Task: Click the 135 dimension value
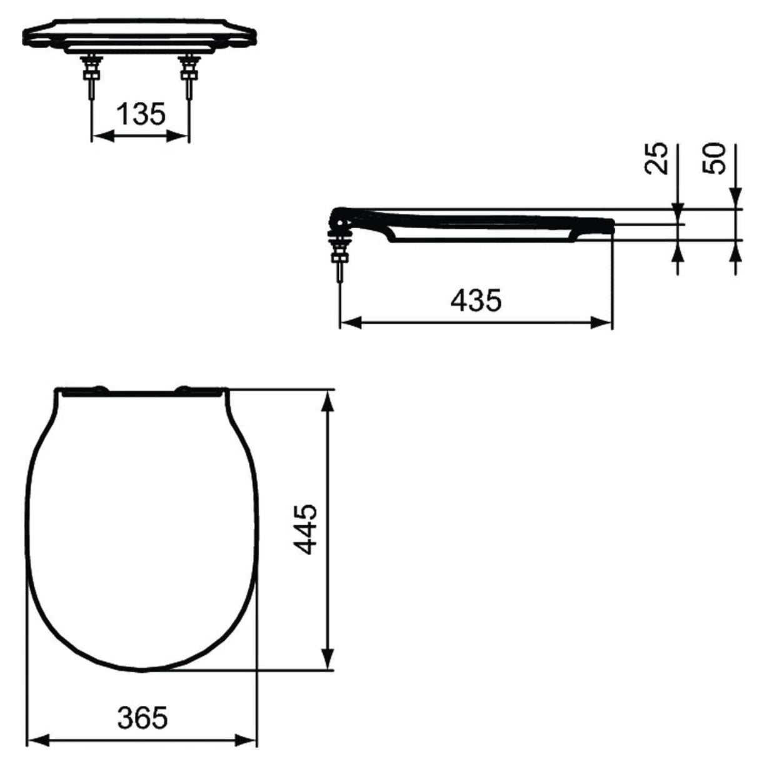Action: point(141,114)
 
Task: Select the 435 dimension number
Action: point(476,301)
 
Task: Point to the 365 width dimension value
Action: point(143,717)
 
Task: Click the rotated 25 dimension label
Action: point(656,159)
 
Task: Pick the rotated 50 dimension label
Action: point(715,159)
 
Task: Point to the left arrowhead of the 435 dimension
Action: point(350,322)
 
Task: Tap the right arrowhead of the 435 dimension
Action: point(601,322)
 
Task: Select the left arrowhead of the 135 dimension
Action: point(101,136)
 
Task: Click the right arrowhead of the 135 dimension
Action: point(179,136)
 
